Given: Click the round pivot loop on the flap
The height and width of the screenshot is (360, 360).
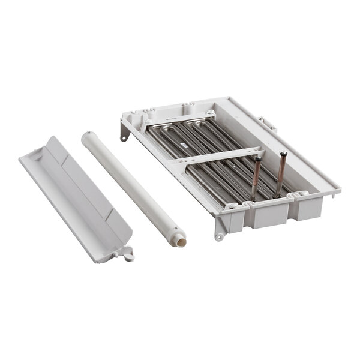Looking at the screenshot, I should tap(127, 256).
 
